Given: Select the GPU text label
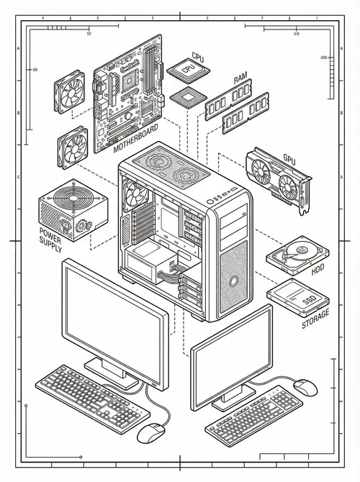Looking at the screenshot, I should [289, 159].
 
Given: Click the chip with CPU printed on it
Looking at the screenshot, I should [188, 70].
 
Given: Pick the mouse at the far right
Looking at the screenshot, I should [307, 387].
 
